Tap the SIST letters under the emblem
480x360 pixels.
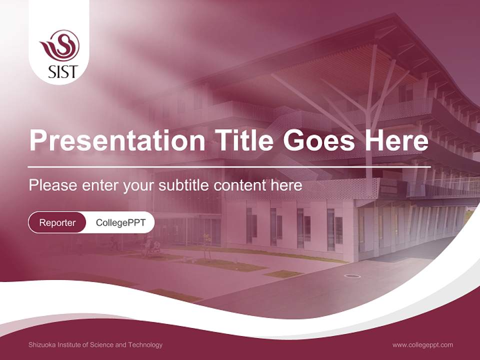[63, 71]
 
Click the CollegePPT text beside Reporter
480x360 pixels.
[120, 222]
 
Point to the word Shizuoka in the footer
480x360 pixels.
[42, 345]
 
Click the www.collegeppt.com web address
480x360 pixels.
[422, 345]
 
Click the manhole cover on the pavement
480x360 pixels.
[352, 276]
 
